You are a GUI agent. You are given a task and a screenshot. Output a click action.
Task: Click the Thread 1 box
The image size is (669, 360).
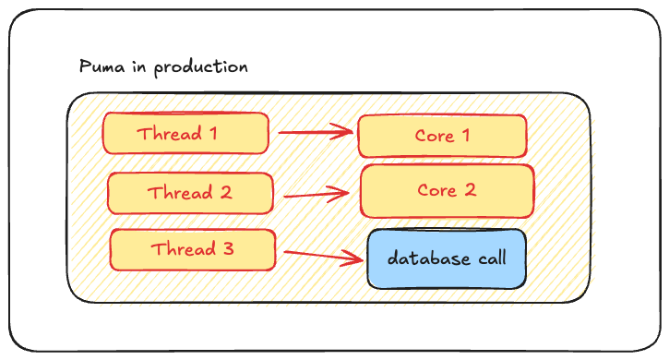pos(185,134)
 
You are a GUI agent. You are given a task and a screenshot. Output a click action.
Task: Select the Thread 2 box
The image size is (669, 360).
pos(190,193)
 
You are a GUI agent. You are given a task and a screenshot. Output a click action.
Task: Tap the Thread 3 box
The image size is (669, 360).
pos(193,249)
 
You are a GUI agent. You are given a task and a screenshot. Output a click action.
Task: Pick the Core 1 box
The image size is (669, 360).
pos(441,137)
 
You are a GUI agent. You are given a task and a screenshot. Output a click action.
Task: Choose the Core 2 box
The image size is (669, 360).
pos(447,191)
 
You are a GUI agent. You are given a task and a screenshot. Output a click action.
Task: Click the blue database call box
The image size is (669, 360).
pos(447,258)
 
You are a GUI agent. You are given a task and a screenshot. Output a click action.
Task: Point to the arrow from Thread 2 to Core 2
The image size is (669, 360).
pos(317,195)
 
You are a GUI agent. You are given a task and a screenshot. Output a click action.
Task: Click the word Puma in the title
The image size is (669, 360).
pos(99,68)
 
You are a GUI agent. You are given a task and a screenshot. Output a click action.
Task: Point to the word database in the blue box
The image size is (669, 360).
pos(425,258)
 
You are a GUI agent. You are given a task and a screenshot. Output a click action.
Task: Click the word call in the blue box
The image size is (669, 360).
pos(490,258)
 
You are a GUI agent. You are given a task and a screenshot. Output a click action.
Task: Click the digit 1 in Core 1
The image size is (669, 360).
pos(465,137)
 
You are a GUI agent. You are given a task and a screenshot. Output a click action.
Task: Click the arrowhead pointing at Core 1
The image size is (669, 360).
pos(347,132)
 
